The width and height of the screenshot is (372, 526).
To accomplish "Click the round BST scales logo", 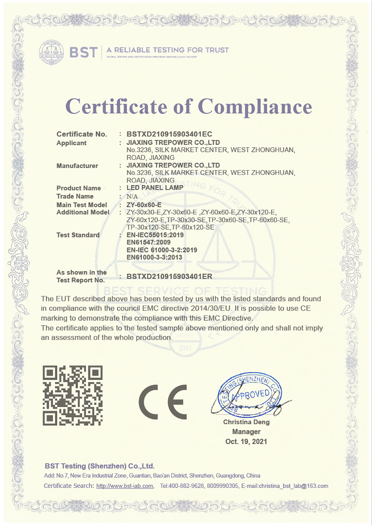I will tap(51, 52).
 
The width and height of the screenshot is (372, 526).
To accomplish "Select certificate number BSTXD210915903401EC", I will tap(169, 134).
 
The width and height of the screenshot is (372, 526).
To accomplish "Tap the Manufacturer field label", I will tap(77, 166).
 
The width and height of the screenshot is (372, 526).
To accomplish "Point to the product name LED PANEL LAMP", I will tap(155, 188).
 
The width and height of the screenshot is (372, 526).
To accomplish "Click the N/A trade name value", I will tap(132, 196).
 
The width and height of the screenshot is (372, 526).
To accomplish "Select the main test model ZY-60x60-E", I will tap(144, 205).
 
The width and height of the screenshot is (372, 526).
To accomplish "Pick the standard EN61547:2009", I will tap(148, 243).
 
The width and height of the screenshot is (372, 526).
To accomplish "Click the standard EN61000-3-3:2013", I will tap(154, 257).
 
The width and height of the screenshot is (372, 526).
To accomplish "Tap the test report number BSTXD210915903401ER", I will tap(169, 276).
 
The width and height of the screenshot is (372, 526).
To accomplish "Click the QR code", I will tap(73, 395).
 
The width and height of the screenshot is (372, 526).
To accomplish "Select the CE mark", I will tap(163, 402).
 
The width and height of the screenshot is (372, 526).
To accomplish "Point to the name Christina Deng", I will tap(246, 422).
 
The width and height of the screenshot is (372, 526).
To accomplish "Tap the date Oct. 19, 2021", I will tap(246, 442).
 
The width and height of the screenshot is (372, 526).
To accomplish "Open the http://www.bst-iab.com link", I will tap(125, 486).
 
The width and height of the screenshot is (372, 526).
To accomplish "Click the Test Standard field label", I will tap(78, 235).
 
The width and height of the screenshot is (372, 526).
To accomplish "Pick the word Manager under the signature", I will tap(246, 432).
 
